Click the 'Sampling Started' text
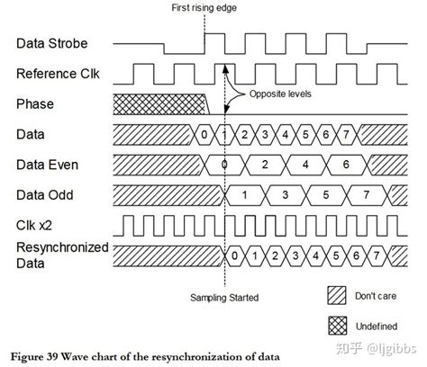click(225, 297)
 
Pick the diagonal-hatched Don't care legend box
click(337, 296)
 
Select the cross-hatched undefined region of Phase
click(158, 104)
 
